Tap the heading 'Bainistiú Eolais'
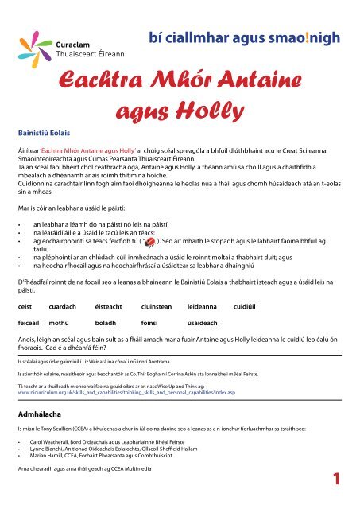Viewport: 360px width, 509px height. [44, 125]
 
